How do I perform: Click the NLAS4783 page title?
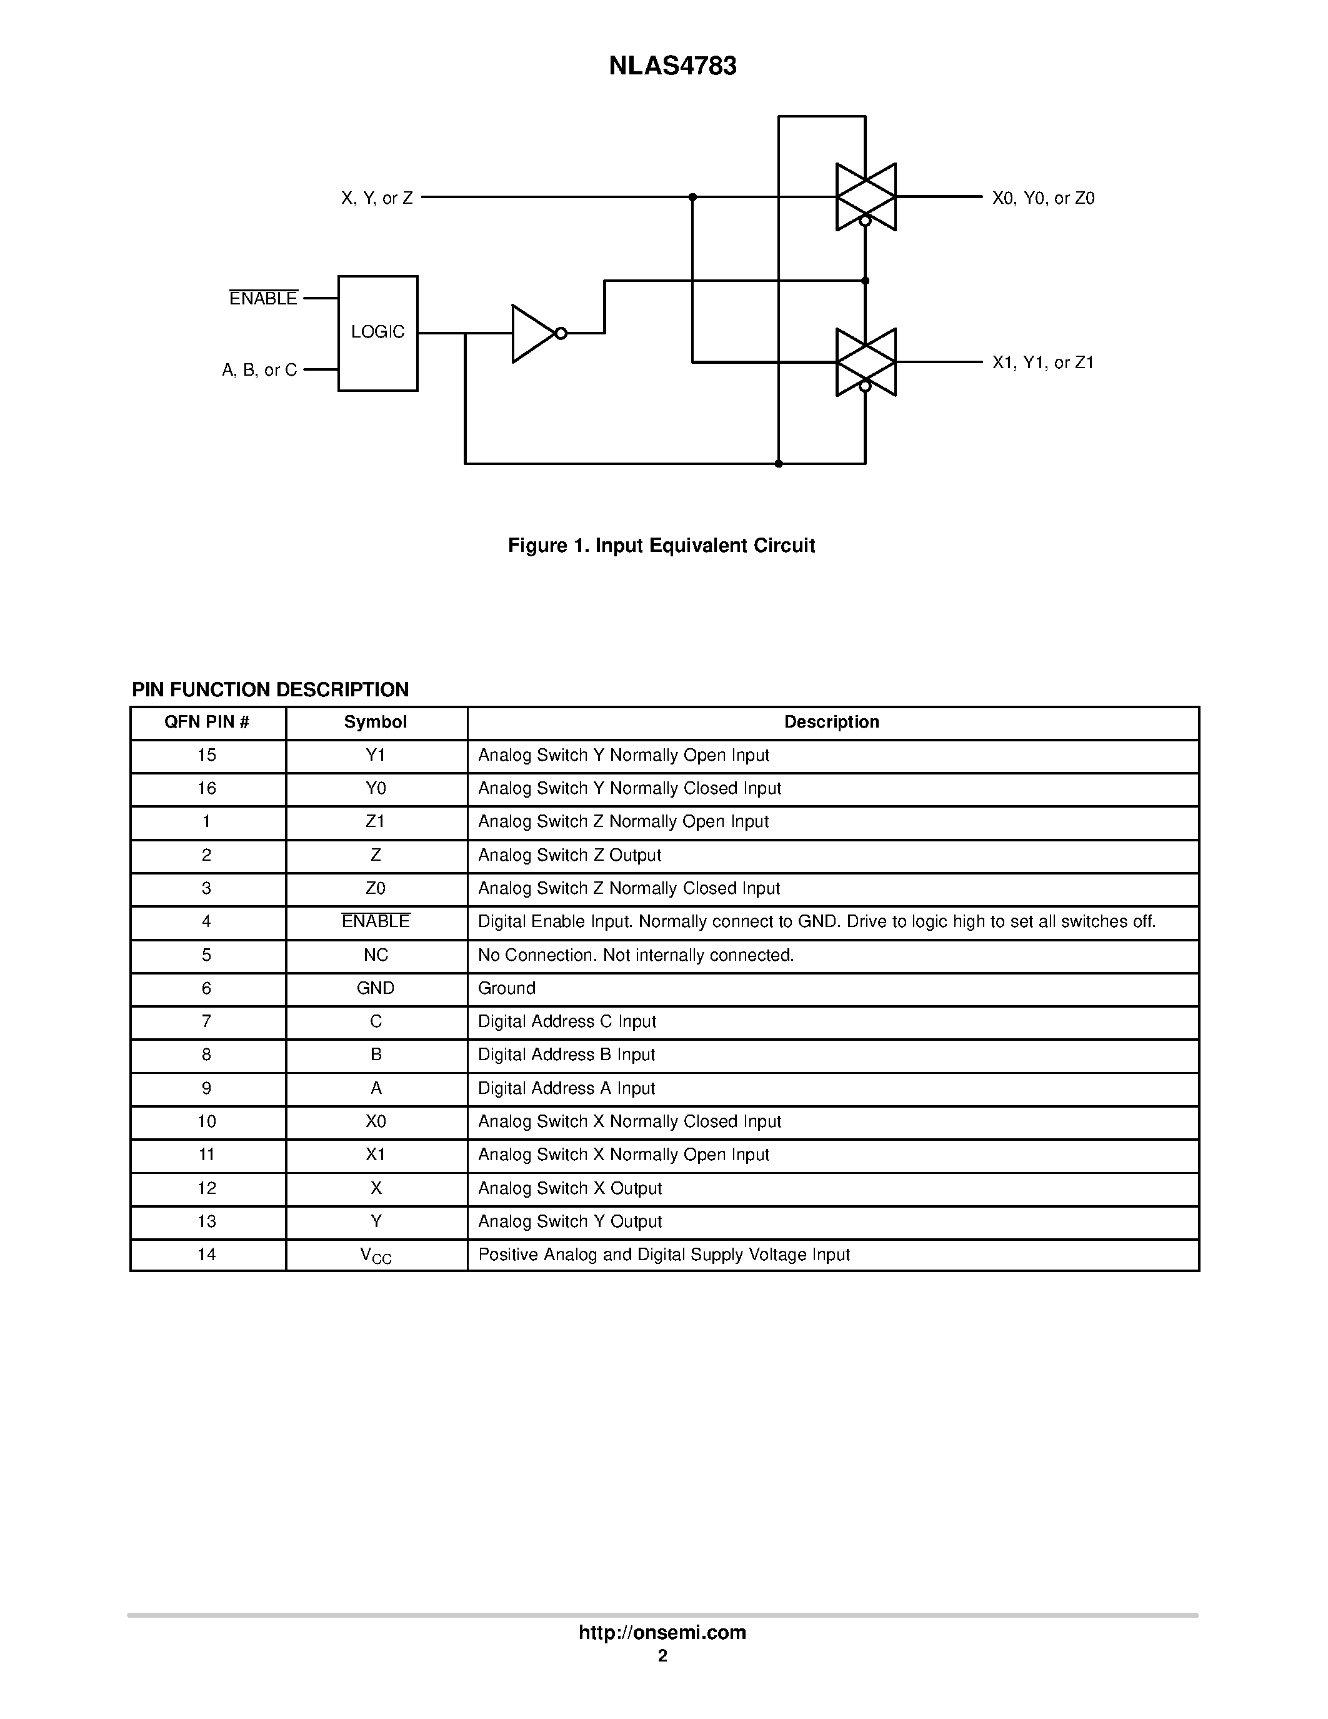[x=672, y=66]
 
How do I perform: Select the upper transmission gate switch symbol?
[x=866, y=197]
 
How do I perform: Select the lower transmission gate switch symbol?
[x=866, y=362]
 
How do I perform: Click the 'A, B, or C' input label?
[x=259, y=370]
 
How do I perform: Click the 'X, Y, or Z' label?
[x=377, y=198]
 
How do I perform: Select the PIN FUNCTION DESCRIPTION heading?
[x=270, y=689]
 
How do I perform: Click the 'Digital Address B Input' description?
[x=566, y=1055]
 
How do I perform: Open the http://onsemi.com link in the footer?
[x=662, y=1632]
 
